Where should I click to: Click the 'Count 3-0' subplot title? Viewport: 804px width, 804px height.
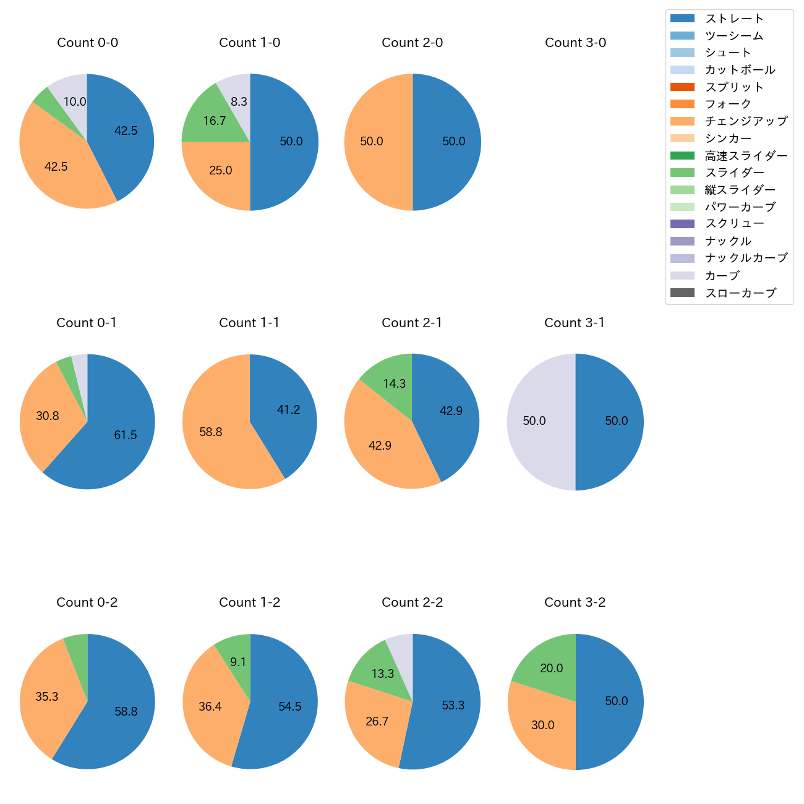point(575,43)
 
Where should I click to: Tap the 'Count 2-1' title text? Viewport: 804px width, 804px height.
point(412,323)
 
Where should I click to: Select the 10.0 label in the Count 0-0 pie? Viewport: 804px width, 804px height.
point(75,101)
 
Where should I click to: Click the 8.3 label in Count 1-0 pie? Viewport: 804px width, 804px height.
point(239,101)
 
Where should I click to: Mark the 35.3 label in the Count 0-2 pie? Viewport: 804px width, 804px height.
point(46,697)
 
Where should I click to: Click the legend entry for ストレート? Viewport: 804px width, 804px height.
point(734,19)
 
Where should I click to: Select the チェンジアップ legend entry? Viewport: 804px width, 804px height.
point(746,121)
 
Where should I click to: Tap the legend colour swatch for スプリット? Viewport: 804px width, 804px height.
point(682,87)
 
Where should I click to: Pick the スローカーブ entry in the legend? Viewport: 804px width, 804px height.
point(740,293)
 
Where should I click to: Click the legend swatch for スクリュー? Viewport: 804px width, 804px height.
point(682,224)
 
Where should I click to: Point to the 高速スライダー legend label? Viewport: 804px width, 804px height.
point(746,156)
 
